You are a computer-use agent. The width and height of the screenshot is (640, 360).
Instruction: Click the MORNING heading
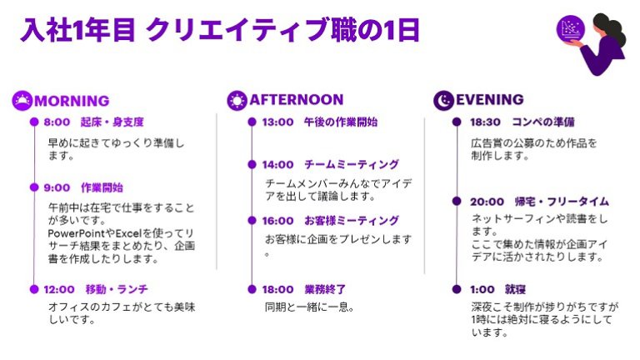(x=72, y=101)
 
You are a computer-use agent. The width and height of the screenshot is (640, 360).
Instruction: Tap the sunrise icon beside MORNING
(x=22, y=100)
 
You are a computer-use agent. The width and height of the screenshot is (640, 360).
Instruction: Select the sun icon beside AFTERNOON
(x=237, y=100)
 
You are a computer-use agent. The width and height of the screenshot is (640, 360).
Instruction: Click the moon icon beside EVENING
(x=443, y=100)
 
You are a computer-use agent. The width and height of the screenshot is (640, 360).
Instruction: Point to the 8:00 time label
(x=57, y=122)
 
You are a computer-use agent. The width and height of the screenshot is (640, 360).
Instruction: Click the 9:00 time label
(x=57, y=187)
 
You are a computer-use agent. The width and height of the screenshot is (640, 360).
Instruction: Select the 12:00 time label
(x=59, y=289)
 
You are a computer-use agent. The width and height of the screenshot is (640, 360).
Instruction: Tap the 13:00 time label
(x=277, y=122)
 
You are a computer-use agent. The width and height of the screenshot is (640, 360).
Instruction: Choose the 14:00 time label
(x=277, y=164)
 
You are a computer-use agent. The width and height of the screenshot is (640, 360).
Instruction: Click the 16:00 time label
(x=277, y=221)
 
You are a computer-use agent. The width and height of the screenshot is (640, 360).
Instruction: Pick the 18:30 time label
(x=485, y=122)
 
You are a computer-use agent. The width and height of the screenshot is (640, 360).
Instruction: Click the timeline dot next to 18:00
(x=252, y=289)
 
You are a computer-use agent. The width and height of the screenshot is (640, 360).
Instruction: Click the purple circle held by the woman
(x=571, y=29)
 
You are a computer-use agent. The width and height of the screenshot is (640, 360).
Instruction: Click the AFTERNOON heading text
(x=297, y=100)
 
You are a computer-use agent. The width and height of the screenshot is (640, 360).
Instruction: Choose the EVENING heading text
(x=489, y=100)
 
